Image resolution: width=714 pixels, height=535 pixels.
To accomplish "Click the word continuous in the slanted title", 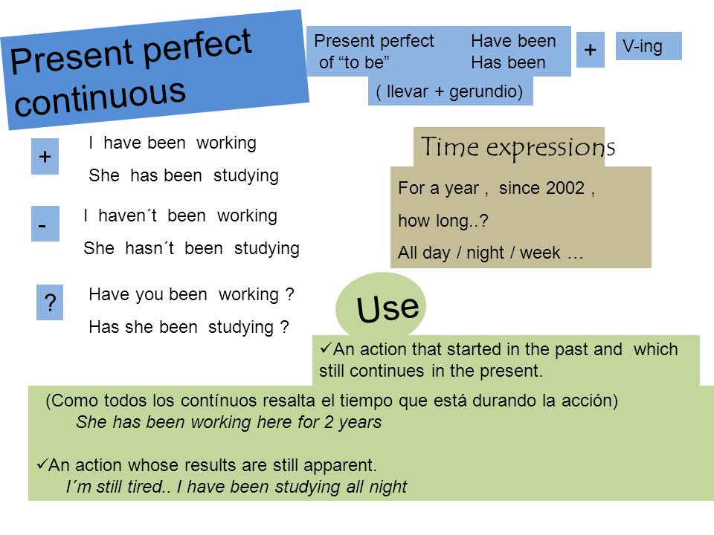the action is (x=100, y=97).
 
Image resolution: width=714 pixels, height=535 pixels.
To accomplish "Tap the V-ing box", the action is (x=649, y=46).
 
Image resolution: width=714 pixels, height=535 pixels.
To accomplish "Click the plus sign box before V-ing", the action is (x=590, y=50).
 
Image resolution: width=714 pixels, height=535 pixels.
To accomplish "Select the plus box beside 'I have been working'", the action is (x=45, y=157).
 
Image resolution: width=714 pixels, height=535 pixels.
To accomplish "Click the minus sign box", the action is (x=45, y=224).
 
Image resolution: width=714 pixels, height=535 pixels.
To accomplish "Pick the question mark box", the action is (x=50, y=302).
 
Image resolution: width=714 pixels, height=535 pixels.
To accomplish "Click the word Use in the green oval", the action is (x=387, y=308).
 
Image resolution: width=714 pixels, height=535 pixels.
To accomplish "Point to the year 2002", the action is (x=565, y=188).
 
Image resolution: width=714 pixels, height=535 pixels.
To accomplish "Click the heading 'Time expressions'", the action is (x=518, y=146).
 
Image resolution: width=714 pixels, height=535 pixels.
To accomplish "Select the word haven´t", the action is (x=127, y=215).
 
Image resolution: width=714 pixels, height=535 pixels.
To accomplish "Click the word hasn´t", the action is (x=149, y=248).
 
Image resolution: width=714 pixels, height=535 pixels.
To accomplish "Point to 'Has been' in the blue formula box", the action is (x=508, y=62).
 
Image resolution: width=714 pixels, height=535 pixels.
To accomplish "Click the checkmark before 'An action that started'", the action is (x=326, y=348).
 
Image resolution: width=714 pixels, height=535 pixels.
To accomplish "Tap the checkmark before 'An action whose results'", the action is (x=42, y=464).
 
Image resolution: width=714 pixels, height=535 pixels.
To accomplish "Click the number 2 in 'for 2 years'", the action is (x=329, y=422).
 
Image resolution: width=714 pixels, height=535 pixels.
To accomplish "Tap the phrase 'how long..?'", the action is (x=443, y=221).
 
